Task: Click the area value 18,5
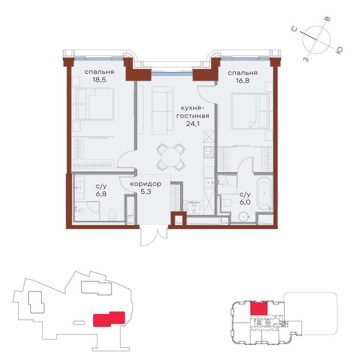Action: tap(99, 80)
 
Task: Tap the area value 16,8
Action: tap(242, 81)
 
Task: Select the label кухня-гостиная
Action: tap(193, 112)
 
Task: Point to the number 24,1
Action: tap(193, 124)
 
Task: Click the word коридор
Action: tap(146, 184)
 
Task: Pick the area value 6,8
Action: tap(101, 194)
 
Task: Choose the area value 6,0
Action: tap(245, 202)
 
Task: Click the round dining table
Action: tap(171, 157)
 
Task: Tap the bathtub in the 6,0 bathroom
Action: tap(264, 193)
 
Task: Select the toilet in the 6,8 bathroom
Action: tap(112, 215)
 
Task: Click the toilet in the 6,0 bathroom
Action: tap(227, 203)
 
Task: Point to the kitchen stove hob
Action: tap(209, 152)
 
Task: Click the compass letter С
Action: tap(294, 29)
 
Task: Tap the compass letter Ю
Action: tap(339, 51)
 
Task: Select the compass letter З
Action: tap(306, 60)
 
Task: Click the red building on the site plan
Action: tap(109, 319)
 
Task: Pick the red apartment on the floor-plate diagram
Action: tap(259, 308)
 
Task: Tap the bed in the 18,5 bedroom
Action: tap(96, 104)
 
